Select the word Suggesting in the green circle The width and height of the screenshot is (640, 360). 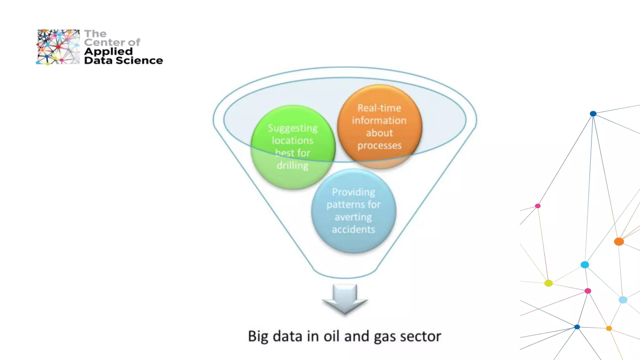tap(292, 128)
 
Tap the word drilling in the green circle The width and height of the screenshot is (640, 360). tap(292, 165)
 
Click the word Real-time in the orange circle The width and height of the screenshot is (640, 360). tap(379, 108)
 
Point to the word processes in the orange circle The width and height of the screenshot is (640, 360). tap(379, 146)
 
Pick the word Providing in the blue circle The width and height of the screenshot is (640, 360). tap(353, 192)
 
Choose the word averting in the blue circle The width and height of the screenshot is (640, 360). tap(353, 217)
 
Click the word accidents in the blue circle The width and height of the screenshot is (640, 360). tap(353, 229)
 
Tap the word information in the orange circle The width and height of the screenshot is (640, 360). tap(379, 121)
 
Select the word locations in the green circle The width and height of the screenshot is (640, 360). tap(292, 141)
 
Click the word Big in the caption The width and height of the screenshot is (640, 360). tap(258, 337)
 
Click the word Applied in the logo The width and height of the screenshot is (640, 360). tap(108, 52)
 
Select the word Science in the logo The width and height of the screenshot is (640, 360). tap(139, 60)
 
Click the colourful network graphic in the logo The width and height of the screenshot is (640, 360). tap(58, 47)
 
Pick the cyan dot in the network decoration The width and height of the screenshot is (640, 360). tap(585, 265)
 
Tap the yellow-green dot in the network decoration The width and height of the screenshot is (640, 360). tap(548, 283)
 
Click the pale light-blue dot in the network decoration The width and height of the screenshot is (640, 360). tap(623, 300)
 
